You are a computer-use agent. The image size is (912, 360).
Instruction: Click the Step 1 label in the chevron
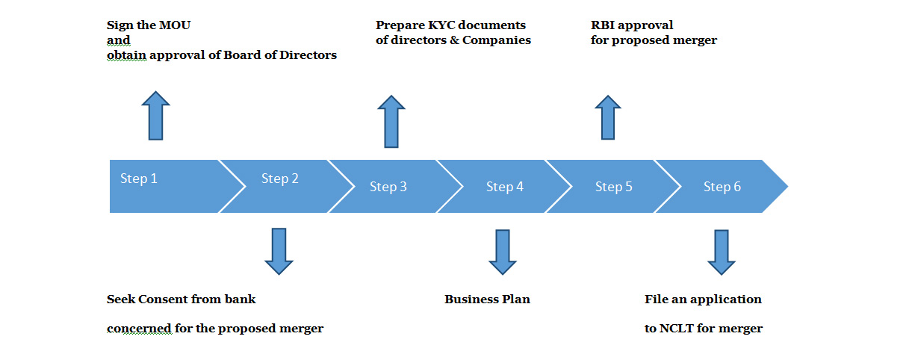click(x=138, y=179)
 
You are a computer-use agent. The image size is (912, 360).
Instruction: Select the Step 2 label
click(x=279, y=179)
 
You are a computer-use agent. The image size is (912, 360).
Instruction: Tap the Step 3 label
click(x=388, y=187)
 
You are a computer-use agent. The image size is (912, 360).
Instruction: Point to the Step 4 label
click(x=504, y=187)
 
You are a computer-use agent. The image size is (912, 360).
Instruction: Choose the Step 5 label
click(x=613, y=187)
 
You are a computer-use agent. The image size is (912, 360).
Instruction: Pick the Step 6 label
click(x=722, y=187)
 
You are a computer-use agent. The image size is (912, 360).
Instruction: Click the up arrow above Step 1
click(x=155, y=116)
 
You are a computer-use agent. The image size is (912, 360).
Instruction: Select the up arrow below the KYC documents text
click(x=391, y=121)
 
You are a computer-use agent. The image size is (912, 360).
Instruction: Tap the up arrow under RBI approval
click(x=608, y=117)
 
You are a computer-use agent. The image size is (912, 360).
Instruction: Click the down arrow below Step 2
click(x=279, y=251)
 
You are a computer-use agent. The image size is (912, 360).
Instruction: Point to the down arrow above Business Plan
click(x=503, y=252)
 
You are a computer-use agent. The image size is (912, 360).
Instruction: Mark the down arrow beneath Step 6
click(x=722, y=252)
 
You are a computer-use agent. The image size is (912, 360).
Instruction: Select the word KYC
click(x=444, y=25)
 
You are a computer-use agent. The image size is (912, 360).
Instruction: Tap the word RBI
click(x=603, y=25)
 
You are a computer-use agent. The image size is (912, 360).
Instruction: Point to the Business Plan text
click(x=487, y=300)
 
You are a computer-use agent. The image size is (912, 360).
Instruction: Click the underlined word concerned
click(x=139, y=328)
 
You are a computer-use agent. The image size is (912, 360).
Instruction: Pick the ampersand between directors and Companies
click(x=454, y=40)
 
